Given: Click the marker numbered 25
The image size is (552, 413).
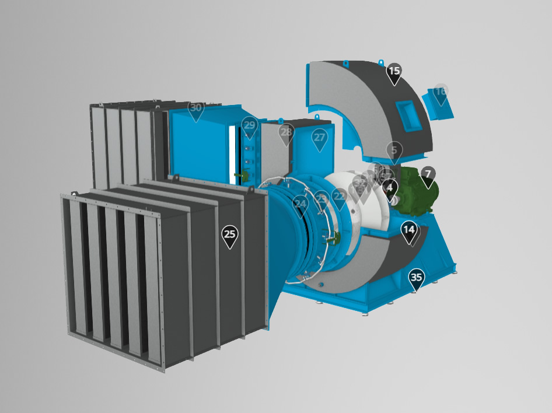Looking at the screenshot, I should pos(230,235).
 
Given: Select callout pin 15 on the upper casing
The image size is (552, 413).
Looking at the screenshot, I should pos(394,72).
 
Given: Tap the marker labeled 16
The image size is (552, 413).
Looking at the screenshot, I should pos(441,92).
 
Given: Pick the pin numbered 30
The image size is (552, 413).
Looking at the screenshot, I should pos(196,108).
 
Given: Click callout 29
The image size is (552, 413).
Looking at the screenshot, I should pos(250,125).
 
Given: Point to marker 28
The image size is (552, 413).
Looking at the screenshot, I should pos(286,133).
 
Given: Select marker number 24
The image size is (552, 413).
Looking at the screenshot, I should pos(301,204).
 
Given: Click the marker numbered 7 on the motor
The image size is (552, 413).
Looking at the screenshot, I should pos(428,174).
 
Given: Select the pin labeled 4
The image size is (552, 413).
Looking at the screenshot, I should pos(390,188).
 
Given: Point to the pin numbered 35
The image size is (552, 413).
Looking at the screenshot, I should pos(416,278).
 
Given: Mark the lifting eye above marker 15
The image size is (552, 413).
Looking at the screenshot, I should pos(381,62).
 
